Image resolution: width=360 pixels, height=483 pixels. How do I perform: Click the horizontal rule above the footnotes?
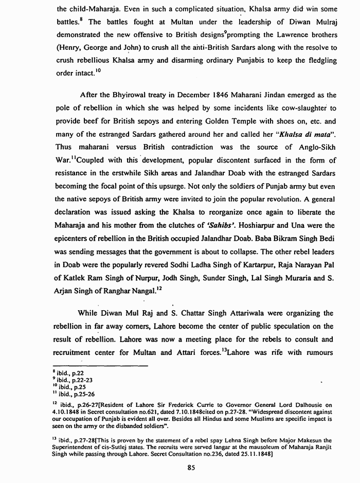point(100,366)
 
